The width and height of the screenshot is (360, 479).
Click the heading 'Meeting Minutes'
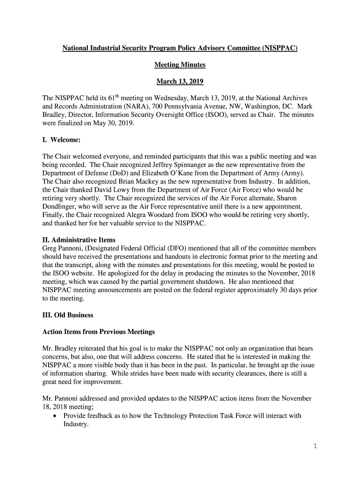pos(180,65)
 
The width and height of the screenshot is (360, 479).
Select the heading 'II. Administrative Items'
pos(79,240)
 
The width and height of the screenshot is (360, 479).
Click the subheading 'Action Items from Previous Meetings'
pos(99,332)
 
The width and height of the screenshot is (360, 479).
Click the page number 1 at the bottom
pos(315,446)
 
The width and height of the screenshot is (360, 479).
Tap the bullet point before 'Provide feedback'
pos(56,416)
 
